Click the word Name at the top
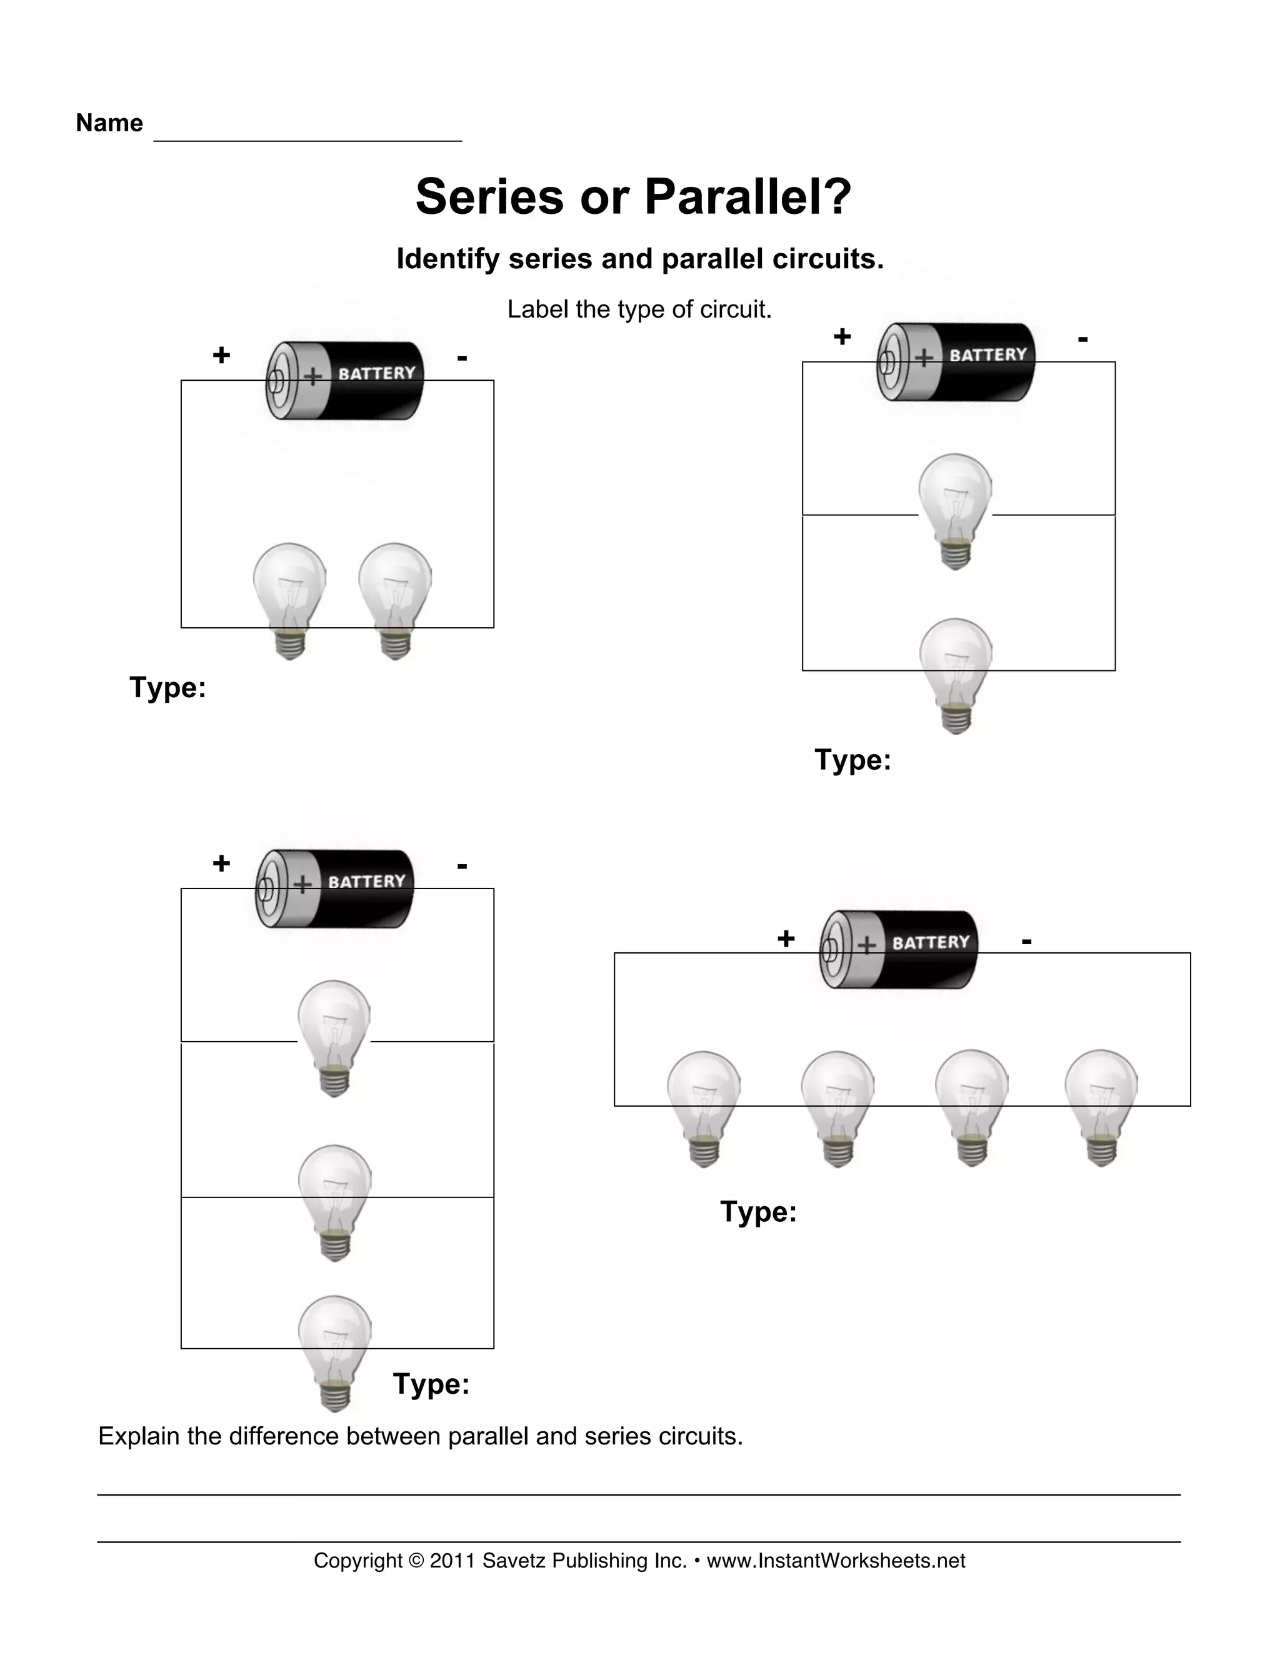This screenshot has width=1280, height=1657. (109, 123)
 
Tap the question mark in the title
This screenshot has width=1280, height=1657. (836, 197)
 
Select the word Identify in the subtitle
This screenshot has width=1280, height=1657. (448, 259)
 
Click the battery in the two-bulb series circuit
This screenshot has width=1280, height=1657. (345, 380)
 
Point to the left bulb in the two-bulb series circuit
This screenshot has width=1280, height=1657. (289, 600)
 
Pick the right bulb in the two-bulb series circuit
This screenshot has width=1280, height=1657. (395, 600)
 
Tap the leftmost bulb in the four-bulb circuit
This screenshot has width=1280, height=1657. (704, 1108)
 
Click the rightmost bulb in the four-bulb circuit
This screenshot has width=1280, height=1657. (1101, 1107)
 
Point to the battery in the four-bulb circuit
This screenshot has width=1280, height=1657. (899, 949)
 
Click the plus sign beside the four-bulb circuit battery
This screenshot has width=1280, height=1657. (786, 939)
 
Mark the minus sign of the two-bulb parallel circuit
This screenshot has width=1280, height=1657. (1083, 338)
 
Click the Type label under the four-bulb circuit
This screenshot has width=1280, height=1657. (758, 1212)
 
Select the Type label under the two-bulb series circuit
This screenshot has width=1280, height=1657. (167, 687)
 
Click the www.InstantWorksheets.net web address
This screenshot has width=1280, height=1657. (836, 1561)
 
